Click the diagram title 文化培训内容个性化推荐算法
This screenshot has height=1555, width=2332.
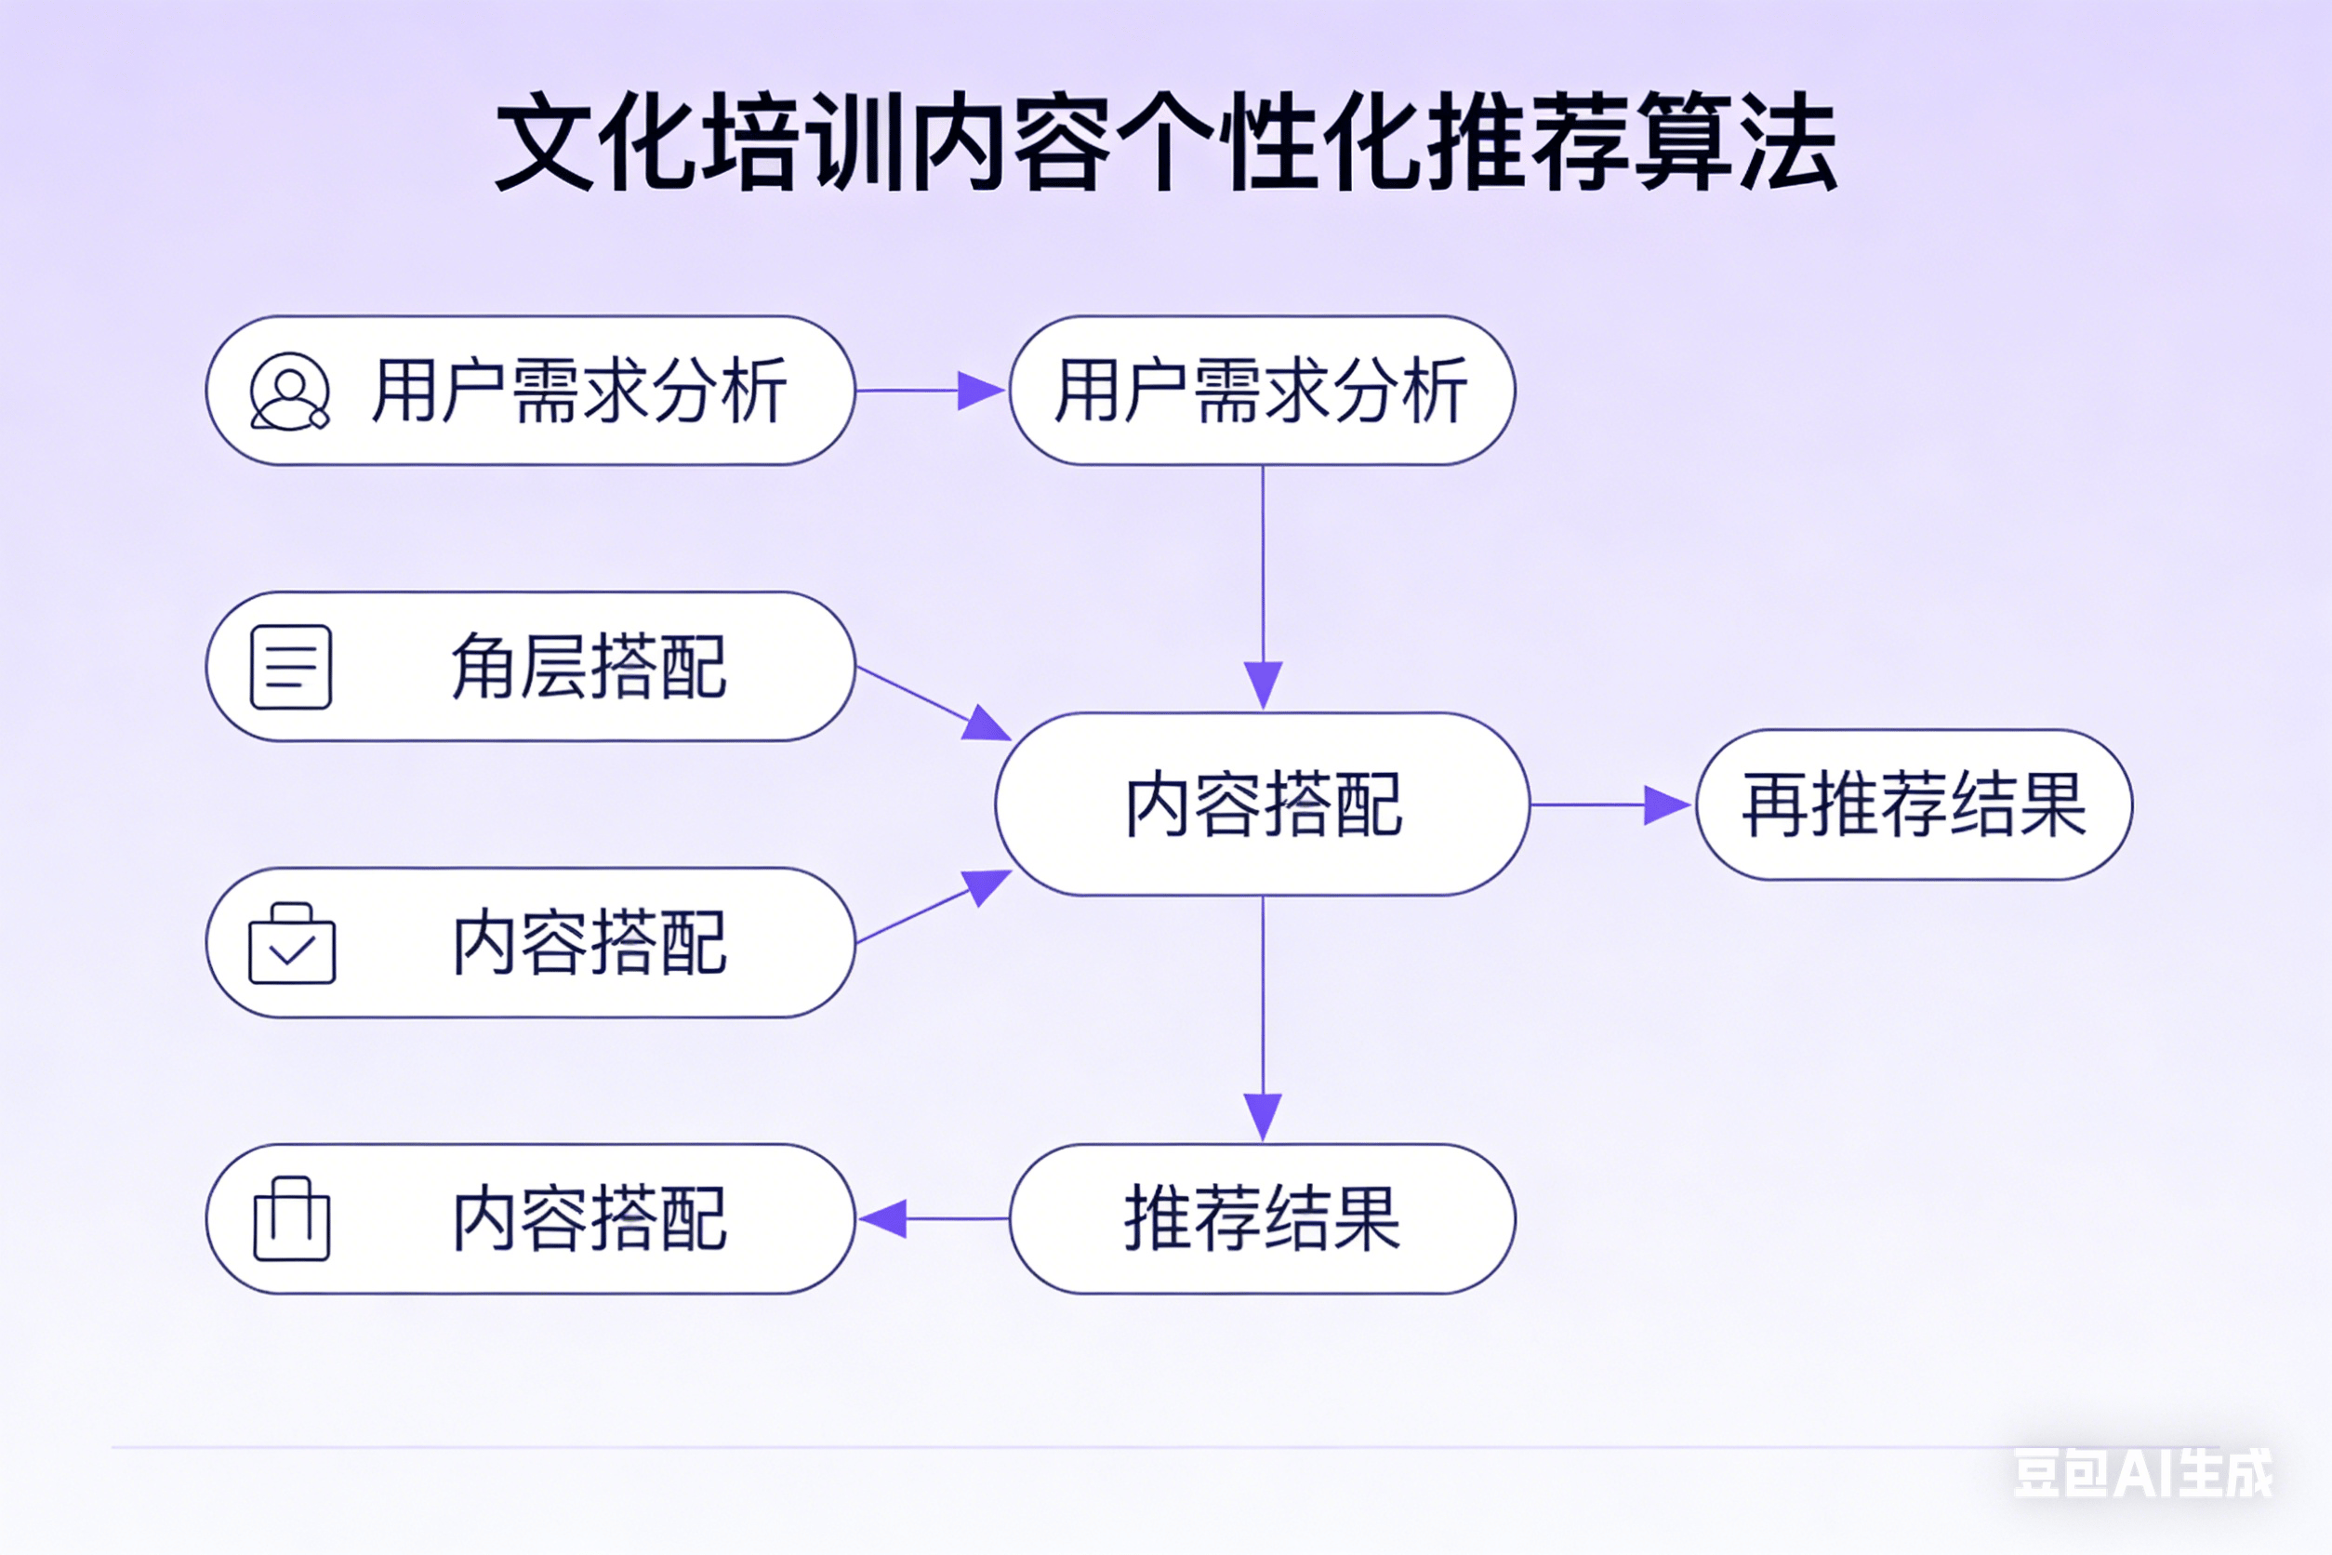(1166, 140)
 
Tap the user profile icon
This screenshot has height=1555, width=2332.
(289, 392)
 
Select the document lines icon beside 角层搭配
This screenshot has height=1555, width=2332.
(290, 667)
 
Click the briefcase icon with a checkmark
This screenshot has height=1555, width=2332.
(292, 944)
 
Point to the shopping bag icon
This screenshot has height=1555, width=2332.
(292, 1219)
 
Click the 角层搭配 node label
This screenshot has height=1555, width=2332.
(589, 667)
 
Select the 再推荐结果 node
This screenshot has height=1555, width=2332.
(1914, 804)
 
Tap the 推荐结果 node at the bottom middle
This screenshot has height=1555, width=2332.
(1262, 1217)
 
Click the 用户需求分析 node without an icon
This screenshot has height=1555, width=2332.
(1261, 391)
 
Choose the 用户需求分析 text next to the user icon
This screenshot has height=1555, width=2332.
(580, 391)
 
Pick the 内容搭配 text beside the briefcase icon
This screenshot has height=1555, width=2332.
(590, 943)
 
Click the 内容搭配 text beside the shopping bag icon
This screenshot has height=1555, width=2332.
(590, 1219)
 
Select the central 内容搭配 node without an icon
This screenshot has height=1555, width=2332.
(1263, 804)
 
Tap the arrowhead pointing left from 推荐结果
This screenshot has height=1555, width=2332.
(883, 1219)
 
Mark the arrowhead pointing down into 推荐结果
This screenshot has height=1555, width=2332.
(1263, 1116)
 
